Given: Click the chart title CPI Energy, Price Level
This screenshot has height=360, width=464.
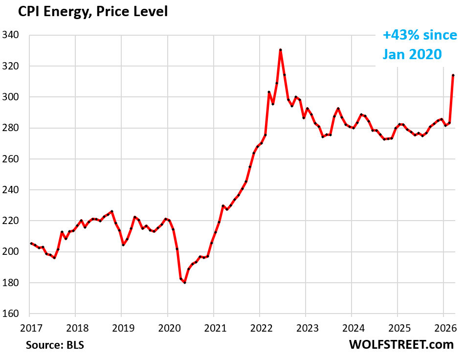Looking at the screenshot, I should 93,12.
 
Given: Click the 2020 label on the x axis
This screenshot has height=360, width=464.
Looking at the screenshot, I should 167,326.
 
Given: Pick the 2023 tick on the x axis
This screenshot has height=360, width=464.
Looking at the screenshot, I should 305,326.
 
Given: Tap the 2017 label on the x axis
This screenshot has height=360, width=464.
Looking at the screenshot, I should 30,326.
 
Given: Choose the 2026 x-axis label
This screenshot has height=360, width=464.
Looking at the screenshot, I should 443,326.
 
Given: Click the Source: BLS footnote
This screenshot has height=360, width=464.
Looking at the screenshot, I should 55,345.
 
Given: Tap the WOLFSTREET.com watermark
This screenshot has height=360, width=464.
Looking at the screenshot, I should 401,344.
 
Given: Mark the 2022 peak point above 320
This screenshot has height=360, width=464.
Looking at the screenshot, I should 280,50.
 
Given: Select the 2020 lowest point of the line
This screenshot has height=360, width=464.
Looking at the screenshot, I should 185,283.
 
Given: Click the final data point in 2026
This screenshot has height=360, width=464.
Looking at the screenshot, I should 453,75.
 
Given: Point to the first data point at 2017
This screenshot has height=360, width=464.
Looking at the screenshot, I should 31,243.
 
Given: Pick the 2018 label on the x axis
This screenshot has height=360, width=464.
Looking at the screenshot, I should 75,326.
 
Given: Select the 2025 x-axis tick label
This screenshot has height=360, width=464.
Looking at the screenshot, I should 397,326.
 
